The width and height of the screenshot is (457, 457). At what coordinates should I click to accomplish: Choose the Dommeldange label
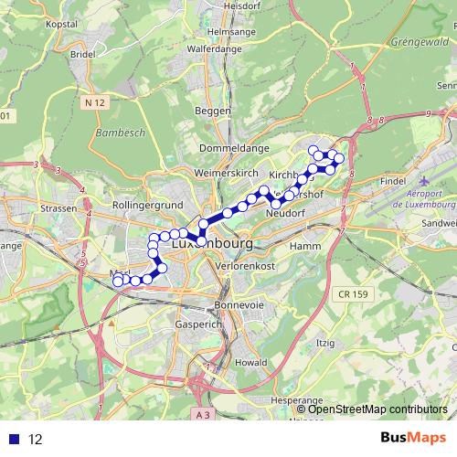click(x=234, y=147)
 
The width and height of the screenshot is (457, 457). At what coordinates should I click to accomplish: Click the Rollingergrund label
click(x=148, y=207)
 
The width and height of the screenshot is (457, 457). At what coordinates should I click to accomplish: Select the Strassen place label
click(x=58, y=209)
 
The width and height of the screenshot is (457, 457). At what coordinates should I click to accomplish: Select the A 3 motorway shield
click(x=205, y=415)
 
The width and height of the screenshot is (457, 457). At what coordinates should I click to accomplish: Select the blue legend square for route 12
click(x=15, y=439)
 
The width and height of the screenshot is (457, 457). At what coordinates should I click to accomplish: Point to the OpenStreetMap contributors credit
click(x=377, y=409)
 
